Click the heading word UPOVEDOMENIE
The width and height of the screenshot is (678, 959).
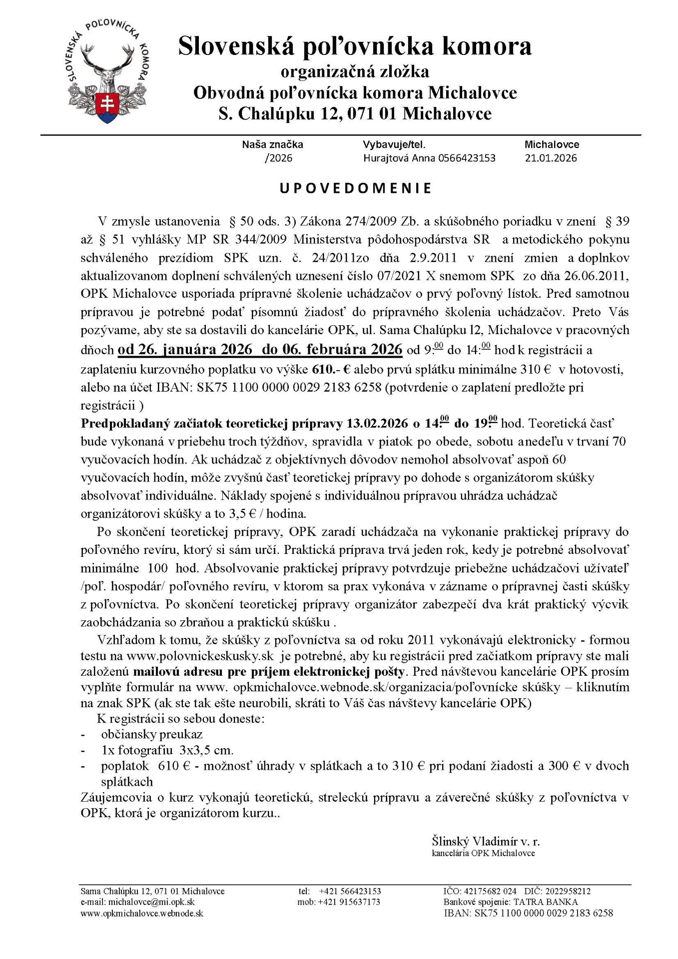[355, 188]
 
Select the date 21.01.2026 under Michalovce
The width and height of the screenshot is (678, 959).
[551, 158]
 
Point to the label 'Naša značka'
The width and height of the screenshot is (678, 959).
[272, 145]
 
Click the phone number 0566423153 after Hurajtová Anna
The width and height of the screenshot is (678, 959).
[467, 158]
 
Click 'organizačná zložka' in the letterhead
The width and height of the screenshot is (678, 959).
[355, 72]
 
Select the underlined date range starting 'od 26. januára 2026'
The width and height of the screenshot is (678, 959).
[260, 349]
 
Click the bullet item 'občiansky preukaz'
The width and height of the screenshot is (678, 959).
[151, 734]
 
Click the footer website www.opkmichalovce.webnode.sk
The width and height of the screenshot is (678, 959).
[142, 913]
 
